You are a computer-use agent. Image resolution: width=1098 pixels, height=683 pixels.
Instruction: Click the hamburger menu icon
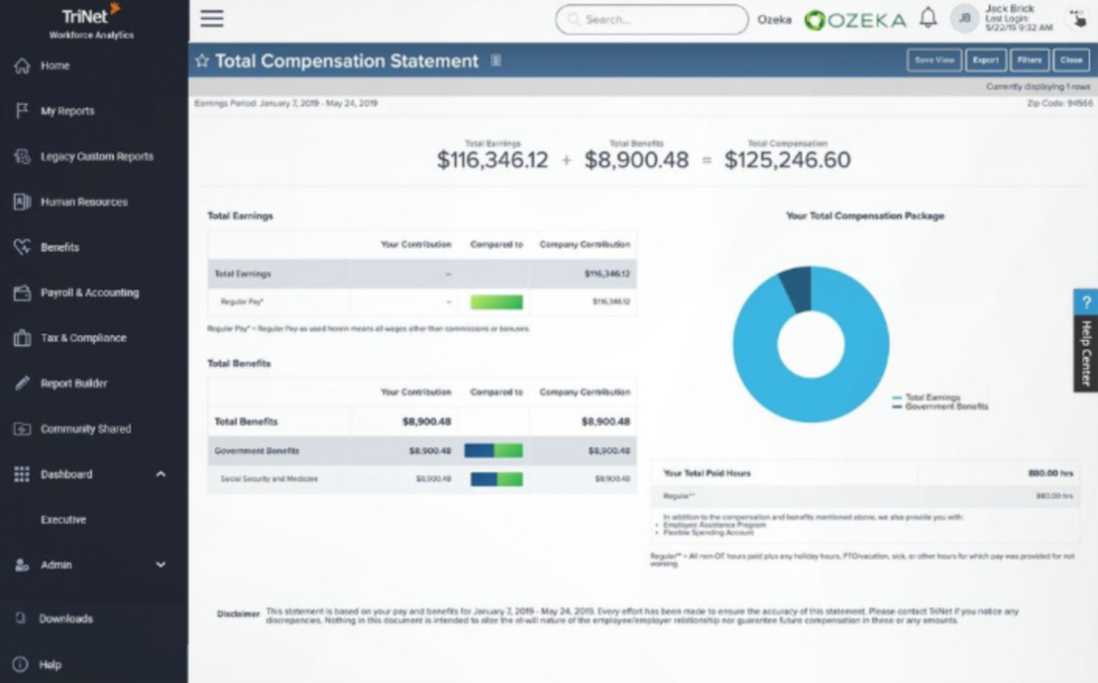[212, 19]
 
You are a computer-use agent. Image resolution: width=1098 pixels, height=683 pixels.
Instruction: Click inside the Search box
[653, 20]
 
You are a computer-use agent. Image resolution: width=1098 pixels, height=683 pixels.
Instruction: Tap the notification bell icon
[928, 19]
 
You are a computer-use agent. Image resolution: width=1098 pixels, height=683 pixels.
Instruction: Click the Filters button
[1029, 60]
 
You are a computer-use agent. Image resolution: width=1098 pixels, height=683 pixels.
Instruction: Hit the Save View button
[934, 60]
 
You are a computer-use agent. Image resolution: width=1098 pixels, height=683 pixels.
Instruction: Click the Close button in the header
[1071, 60]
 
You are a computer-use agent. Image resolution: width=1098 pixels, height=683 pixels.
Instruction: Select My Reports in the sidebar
[67, 112]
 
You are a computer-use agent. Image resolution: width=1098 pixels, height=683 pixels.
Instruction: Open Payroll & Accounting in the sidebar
[89, 294]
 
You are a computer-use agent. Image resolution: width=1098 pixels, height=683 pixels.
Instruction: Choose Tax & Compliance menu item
[83, 338]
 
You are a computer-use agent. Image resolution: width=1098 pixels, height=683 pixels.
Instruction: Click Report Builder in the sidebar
[73, 384]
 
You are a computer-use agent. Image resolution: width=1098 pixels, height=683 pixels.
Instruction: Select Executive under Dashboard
[63, 520]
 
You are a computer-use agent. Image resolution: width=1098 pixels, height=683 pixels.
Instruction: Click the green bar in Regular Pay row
[497, 302]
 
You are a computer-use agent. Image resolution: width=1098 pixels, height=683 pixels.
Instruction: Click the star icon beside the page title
[202, 61]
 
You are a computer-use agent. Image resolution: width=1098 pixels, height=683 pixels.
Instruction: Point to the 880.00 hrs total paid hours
[1051, 473]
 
